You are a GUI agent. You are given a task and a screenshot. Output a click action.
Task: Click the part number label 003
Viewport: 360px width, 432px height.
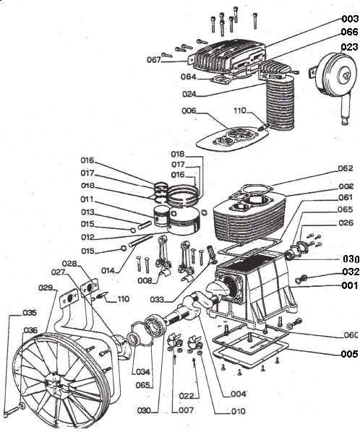tap(350, 19)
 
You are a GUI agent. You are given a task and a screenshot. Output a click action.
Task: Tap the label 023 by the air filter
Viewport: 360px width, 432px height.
tap(350, 47)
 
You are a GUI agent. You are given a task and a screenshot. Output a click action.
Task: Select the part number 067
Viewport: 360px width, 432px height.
tap(153, 59)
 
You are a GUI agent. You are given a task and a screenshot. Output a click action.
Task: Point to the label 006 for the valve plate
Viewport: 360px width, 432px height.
tap(189, 111)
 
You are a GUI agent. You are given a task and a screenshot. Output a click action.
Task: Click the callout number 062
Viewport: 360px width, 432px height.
tap(346, 168)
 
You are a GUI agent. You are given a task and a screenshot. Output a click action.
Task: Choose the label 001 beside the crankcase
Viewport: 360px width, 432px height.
tap(350, 285)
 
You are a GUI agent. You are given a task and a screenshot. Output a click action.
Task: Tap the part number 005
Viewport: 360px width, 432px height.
tap(350, 354)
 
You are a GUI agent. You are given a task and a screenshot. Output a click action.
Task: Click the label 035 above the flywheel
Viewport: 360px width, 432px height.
tap(30, 313)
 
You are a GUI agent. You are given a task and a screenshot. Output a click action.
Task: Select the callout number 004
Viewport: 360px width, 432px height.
tap(238, 394)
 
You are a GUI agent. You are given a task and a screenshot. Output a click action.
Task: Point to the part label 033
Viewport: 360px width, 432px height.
tap(157, 300)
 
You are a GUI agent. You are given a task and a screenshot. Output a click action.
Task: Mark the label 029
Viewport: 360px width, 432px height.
tap(46, 288)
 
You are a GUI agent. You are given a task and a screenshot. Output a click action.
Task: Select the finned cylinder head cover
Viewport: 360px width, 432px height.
tap(229, 58)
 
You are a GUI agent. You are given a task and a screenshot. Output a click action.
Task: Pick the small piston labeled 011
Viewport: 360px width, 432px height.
tap(161, 216)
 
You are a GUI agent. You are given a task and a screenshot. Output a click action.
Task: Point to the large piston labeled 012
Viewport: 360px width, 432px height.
tap(184, 221)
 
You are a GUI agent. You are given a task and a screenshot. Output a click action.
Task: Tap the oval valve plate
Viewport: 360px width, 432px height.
tap(232, 138)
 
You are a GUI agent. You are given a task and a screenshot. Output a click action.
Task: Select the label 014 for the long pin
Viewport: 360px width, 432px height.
tap(108, 271)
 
